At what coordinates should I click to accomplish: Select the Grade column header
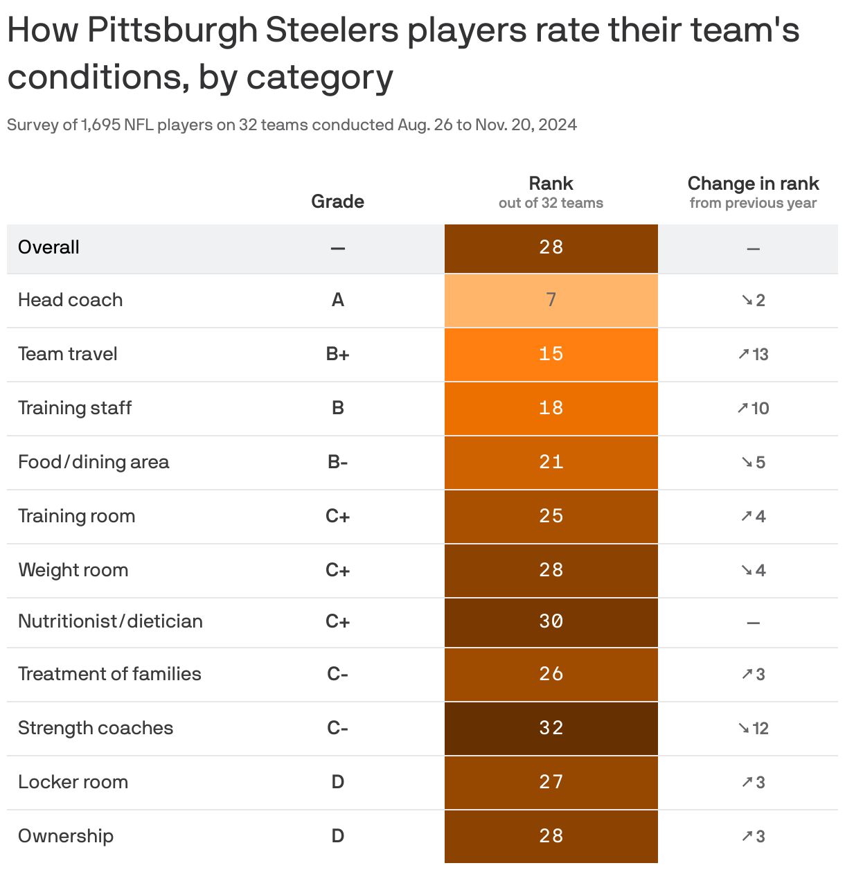tap(337, 202)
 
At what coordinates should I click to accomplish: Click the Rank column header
tap(551, 184)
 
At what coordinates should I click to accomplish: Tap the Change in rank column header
tap(753, 184)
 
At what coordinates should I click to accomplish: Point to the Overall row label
tap(48, 247)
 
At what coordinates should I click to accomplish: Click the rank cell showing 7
tap(551, 300)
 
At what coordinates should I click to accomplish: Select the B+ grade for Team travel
tap(337, 354)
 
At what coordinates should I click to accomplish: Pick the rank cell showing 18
tap(551, 408)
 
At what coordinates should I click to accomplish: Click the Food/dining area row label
tap(94, 462)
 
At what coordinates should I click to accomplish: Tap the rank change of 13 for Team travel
tap(754, 354)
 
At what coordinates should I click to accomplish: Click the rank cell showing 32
tap(551, 728)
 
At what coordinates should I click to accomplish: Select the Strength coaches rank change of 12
tap(754, 728)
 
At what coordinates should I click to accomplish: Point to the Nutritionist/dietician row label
tap(110, 621)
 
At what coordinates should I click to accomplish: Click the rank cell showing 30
tap(551, 621)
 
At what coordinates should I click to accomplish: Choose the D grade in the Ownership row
tap(337, 836)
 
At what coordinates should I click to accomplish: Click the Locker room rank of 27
tap(551, 782)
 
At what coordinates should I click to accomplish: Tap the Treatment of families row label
tap(109, 674)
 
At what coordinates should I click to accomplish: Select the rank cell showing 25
tap(551, 516)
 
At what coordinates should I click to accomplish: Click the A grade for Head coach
tap(337, 300)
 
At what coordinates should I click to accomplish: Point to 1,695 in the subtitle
tap(100, 125)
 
